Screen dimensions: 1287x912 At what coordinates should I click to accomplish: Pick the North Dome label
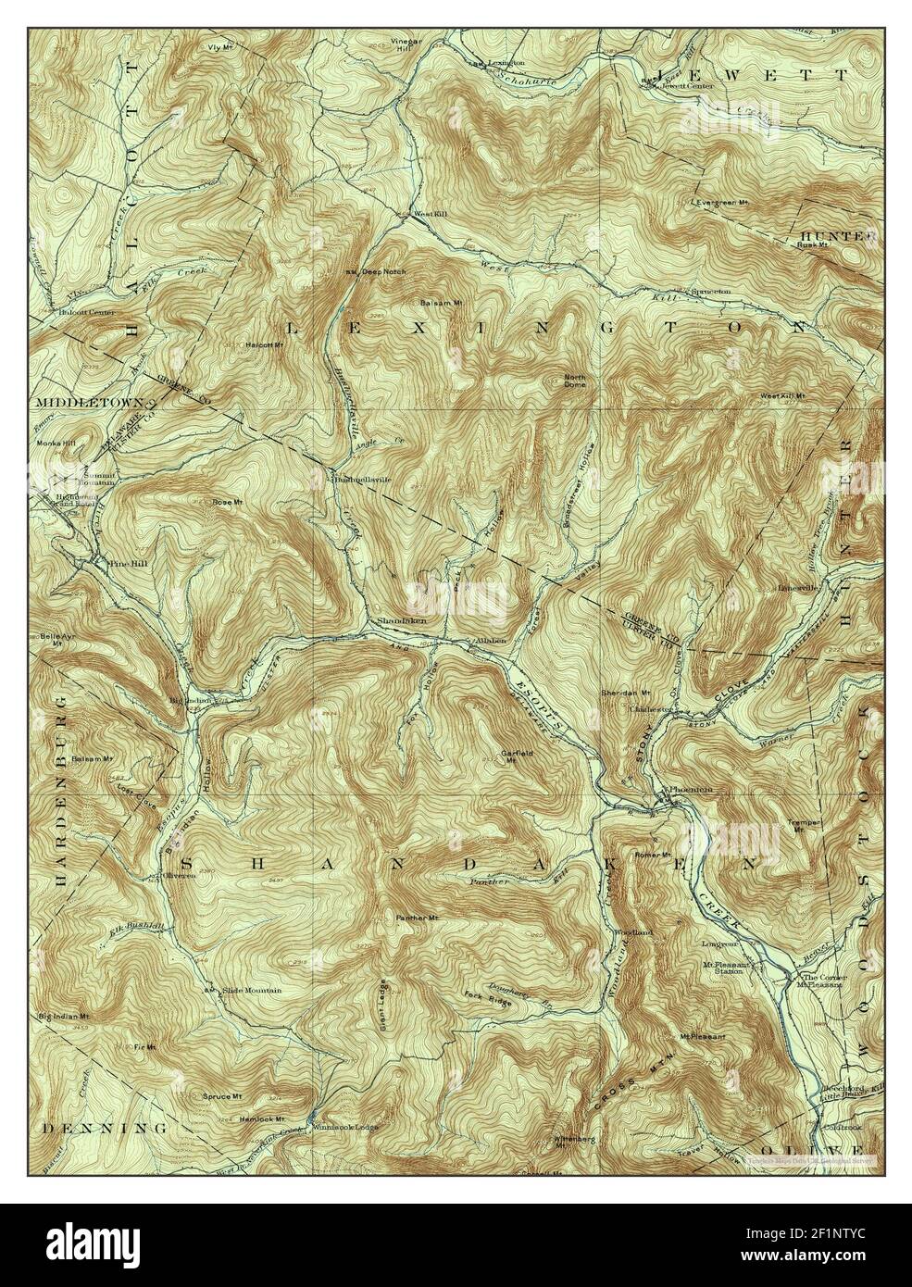tap(576, 381)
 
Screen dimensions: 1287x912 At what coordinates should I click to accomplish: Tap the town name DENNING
tap(104, 1129)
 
